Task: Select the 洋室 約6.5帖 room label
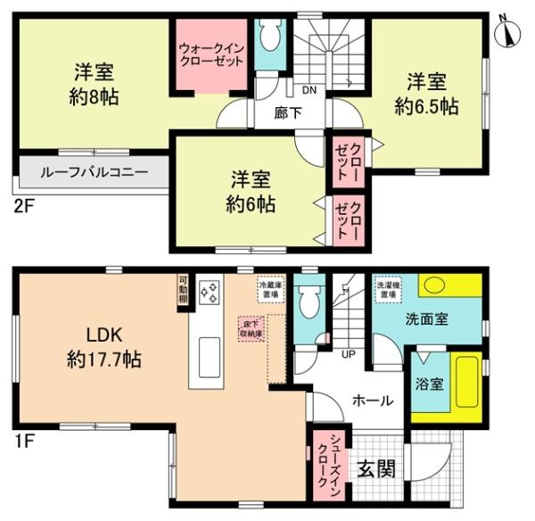[x=427, y=94]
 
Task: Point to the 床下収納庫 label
[x=250, y=327]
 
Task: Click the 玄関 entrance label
[x=373, y=469]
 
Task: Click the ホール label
[x=372, y=401]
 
